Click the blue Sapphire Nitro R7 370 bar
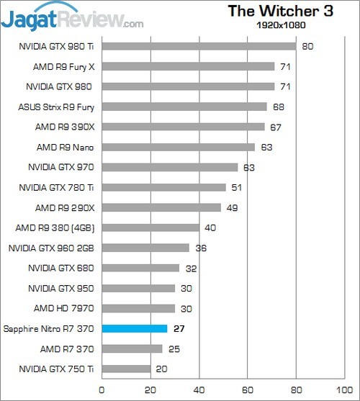coord(135,329)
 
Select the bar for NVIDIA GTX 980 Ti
coord(199,47)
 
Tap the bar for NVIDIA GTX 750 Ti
coord(126,369)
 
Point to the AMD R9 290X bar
coord(161,208)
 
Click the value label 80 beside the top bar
coord(307,47)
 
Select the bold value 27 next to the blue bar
coord(180,329)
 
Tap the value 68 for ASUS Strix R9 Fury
coord(277,107)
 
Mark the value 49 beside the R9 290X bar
coord(232,208)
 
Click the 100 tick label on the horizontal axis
coord(344,389)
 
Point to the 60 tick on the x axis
coord(247,389)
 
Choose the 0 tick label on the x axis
coord(102,389)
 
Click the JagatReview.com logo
coord(72,16)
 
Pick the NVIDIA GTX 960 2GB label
coord(52,248)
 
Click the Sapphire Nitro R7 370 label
coord(49,329)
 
